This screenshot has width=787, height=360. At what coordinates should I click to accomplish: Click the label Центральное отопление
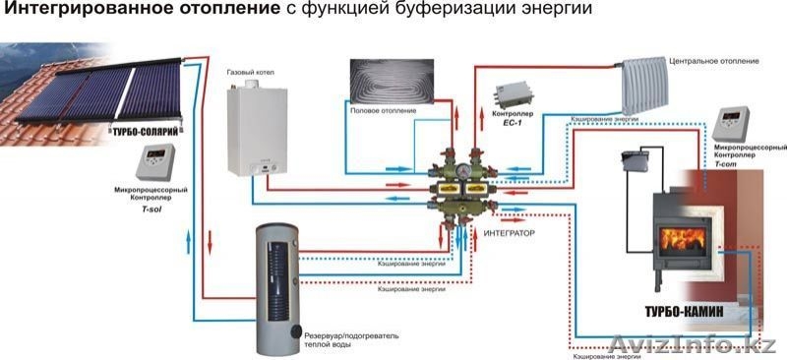coord(713,61)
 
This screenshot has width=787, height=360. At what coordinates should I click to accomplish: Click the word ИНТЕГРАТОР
coord(509,234)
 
